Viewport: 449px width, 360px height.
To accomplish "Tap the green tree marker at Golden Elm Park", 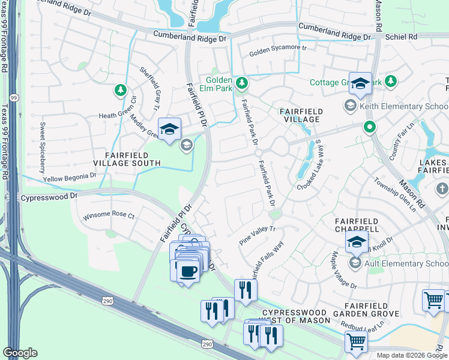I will (x=241, y=82).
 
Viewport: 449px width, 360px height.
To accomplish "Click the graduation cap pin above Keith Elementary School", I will (x=360, y=85).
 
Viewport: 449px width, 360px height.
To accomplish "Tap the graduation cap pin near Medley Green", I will (x=169, y=129).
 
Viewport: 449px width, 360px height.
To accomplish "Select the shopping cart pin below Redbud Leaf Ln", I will (x=356, y=342).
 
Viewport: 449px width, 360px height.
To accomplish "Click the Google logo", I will (x=20, y=353).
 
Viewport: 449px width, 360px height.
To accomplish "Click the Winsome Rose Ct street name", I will (x=109, y=215).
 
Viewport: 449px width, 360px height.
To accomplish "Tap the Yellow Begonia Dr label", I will (x=70, y=177).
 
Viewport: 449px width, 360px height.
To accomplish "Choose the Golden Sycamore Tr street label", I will (x=278, y=51).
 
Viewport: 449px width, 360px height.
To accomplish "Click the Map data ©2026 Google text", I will (x=411, y=355).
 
